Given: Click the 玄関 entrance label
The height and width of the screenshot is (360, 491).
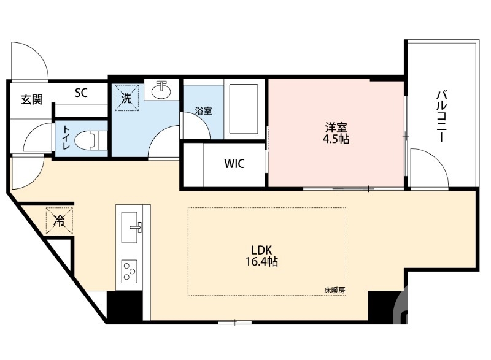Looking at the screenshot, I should coord(31,99).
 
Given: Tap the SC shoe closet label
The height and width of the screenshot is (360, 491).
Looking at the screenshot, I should coord(81,93).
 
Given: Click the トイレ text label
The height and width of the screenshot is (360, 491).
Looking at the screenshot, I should coord(64,139).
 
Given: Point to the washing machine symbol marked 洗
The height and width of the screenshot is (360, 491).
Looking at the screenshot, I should coord(126,98).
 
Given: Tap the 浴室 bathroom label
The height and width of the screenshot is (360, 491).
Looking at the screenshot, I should coord(203,111).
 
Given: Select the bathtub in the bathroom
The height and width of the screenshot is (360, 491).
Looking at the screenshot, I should coord(243,107).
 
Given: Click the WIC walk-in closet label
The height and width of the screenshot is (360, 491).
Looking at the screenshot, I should coord(234,164).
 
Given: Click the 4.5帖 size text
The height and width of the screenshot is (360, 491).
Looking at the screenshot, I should coord(336,140).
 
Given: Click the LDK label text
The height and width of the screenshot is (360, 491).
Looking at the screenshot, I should coord(265,250).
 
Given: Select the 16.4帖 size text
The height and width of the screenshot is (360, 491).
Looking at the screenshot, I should coord(265,262).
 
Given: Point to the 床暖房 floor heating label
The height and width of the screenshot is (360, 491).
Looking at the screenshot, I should coord(334,290).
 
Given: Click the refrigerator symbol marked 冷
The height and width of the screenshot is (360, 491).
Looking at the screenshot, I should coord(60,220).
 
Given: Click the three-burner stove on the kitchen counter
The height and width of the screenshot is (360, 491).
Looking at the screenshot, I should coord(130,270).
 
